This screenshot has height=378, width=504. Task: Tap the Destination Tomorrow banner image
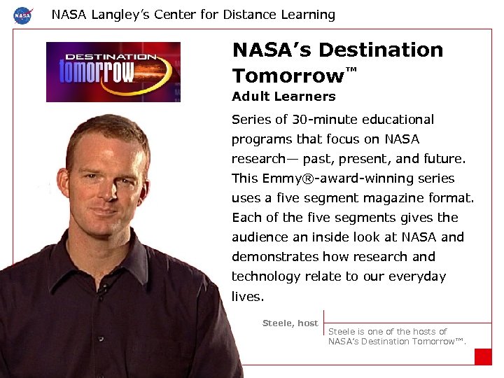113,71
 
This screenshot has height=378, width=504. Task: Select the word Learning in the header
307,15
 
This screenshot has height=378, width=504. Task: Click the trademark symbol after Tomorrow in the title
351,69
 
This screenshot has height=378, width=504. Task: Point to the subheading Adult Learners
283,97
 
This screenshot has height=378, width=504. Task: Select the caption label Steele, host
290,323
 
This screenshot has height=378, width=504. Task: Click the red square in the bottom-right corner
483,356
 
